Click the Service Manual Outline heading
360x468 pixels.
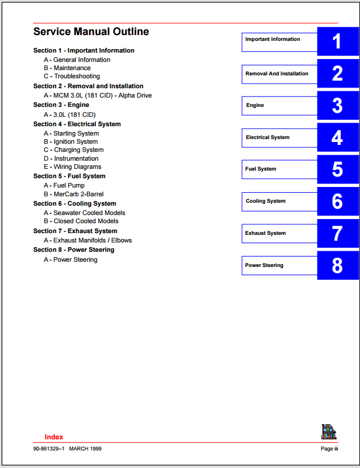[x=91, y=32]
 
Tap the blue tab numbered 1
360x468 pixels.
[x=337, y=41]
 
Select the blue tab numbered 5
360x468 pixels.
[x=337, y=169]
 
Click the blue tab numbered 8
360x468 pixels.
[x=337, y=265]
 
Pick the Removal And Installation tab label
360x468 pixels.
[x=277, y=74]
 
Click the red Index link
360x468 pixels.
[x=54, y=437]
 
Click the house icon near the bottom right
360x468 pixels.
[x=329, y=432]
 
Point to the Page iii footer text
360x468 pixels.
[x=329, y=449]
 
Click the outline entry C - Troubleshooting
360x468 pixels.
[x=72, y=77]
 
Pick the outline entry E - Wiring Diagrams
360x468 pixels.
[x=72, y=167]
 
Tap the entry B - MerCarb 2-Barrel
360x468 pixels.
[x=74, y=194]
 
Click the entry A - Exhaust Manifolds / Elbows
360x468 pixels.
[x=88, y=240]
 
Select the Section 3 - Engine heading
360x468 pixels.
[x=61, y=105]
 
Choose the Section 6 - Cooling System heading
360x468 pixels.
[x=75, y=204]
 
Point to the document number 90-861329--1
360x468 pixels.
[x=49, y=449]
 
